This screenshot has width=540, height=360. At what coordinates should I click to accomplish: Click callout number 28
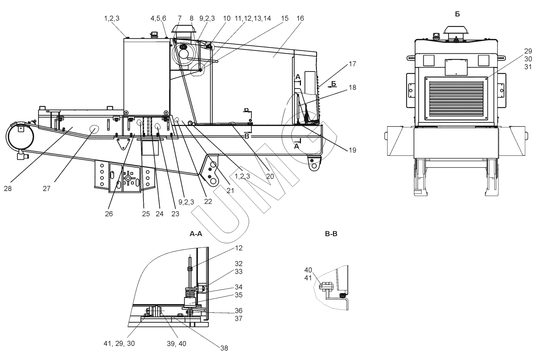(8, 189)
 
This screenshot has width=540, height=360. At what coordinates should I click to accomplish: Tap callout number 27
(47, 189)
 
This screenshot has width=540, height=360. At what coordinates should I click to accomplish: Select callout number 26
(109, 214)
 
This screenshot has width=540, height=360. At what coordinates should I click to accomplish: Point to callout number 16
(300, 18)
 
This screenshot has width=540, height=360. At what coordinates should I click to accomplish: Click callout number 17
(353, 64)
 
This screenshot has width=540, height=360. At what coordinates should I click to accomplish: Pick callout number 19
(353, 150)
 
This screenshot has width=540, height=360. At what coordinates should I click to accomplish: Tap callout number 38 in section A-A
(224, 348)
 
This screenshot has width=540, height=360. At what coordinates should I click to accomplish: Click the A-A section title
(196, 234)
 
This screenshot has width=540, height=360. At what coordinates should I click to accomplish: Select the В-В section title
(331, 234)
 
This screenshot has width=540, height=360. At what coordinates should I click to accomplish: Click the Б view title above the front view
(457, 14)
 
